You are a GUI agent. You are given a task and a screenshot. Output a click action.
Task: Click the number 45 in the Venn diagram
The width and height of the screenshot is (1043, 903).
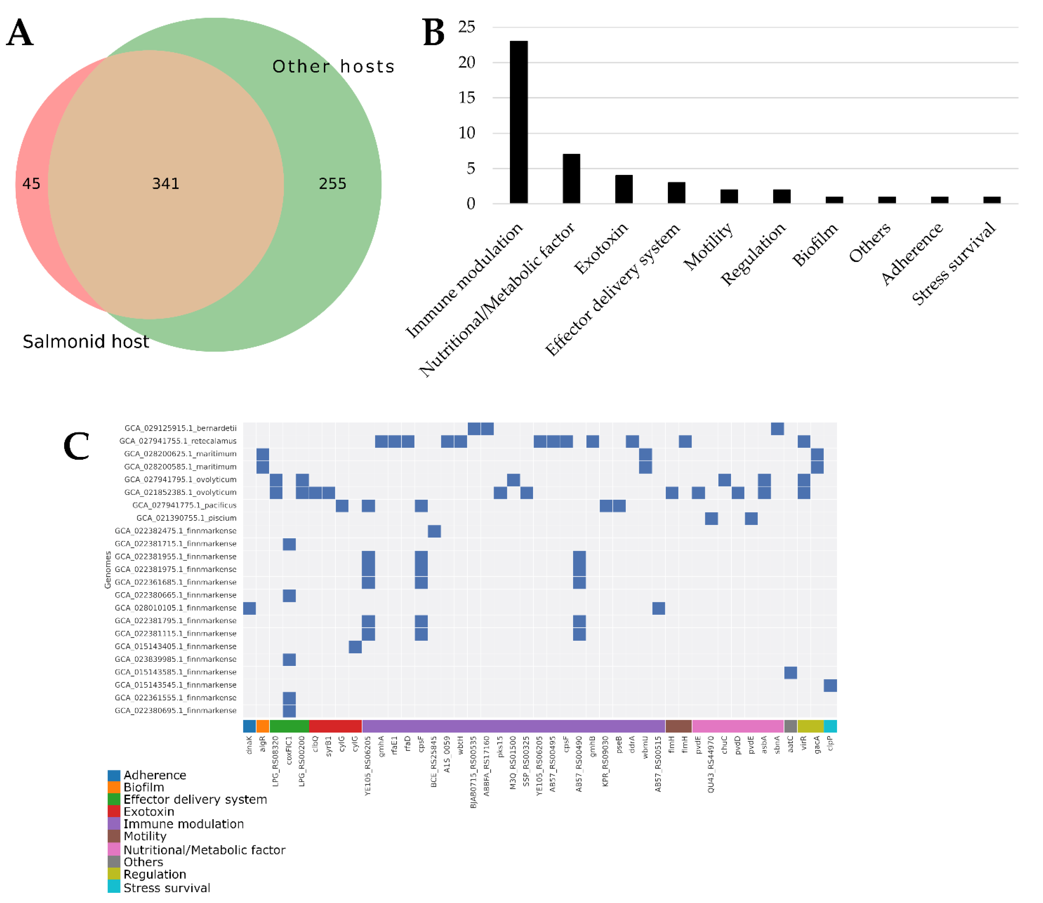[x=31, y=183]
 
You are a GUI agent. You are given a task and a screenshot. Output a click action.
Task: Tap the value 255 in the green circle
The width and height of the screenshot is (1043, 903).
[x=332, y=183]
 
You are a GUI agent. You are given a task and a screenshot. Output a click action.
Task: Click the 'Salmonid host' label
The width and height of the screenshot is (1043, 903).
[x=86, y=342]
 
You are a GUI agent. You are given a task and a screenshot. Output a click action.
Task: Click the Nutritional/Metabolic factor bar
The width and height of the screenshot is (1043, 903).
[x=571, y=179]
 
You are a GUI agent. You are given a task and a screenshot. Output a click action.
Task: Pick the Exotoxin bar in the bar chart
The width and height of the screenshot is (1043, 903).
[x=624, y=189]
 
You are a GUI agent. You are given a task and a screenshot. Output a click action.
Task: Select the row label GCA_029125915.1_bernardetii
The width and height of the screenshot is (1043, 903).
[x=180, y=428]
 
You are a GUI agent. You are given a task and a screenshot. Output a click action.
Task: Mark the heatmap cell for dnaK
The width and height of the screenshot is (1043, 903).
[x=249, y=608]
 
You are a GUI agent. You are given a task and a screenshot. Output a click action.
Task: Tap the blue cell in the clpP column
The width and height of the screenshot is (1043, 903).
[x=830, y=685]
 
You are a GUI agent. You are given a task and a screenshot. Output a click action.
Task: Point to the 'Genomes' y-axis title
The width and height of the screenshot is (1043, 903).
[x=107, y=569]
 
